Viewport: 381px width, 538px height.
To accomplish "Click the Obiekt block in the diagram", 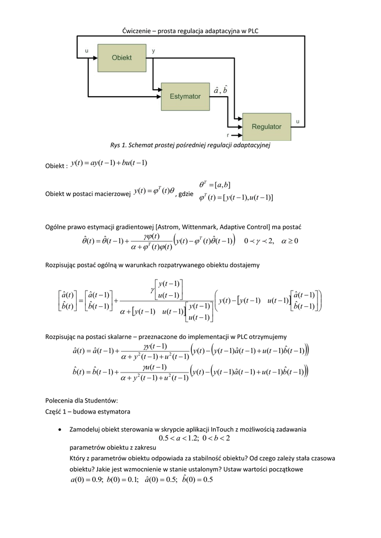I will click(x=121, y=57).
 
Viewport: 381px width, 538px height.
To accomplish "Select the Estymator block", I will click(x=185, y=96).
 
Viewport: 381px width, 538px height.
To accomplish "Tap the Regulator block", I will click(x=266, y=127).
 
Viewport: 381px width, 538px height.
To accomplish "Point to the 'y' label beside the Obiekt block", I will click(x=153, y=51).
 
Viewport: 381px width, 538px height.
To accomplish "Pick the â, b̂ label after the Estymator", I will click(x=221, y=90).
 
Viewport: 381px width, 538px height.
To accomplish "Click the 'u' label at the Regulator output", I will click(x=298, y=121).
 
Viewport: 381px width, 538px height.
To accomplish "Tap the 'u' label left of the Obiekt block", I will click(x=86, y=51).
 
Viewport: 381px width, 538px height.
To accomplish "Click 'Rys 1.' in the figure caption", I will click(x=119, y=145).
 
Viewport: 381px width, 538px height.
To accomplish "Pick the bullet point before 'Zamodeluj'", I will click(x=64, y=430).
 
